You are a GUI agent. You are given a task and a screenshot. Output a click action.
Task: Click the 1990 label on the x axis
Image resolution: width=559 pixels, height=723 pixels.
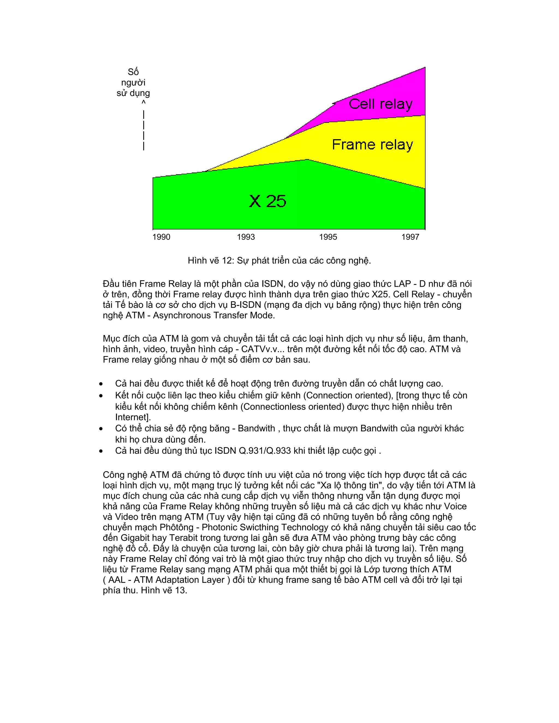point(161,237)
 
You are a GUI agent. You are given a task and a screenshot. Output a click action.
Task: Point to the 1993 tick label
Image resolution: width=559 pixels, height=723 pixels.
point(246,237)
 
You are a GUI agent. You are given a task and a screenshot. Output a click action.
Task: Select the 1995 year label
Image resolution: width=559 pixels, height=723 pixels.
point(328,237)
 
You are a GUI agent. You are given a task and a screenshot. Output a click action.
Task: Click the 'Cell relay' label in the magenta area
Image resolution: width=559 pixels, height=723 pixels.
point(380,104)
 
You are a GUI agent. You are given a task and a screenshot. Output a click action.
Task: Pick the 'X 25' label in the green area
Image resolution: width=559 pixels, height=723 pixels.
point(267,201)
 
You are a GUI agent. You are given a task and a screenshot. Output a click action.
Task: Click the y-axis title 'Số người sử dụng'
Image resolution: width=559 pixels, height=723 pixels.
point(133,82)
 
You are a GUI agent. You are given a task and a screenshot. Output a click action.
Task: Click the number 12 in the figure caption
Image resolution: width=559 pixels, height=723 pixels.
point(228,261)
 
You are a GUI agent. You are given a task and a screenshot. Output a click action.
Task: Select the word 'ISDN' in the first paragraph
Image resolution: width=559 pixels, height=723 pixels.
point(273,284)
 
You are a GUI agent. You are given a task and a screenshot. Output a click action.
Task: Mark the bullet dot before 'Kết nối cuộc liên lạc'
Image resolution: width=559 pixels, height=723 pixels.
point(101,396)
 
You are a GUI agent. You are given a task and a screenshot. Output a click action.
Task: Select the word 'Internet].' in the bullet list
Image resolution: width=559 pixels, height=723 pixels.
point(133,417)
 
